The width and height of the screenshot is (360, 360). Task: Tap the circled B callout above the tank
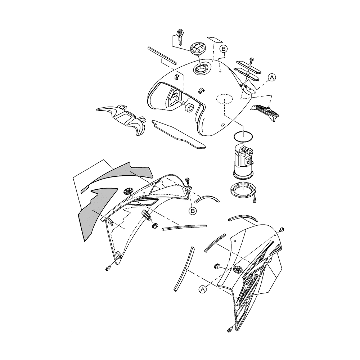[224, 49]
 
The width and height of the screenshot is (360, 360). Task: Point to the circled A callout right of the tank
[272, 78]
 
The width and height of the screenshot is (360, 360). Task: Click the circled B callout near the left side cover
[192, 211]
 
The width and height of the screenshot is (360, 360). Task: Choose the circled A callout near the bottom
[202, 289]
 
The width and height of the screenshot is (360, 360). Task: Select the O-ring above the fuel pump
[244, 137]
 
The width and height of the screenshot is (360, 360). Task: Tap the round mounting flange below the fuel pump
[243, 189]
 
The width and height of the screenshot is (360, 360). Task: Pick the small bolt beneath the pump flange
[254, 201]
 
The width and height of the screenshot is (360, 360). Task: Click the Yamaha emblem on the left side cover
[128, 191]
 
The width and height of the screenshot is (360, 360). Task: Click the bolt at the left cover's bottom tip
[108, 268]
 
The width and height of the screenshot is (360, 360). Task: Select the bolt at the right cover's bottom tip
[230, 330]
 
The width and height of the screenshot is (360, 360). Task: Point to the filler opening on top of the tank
[201, 68]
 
